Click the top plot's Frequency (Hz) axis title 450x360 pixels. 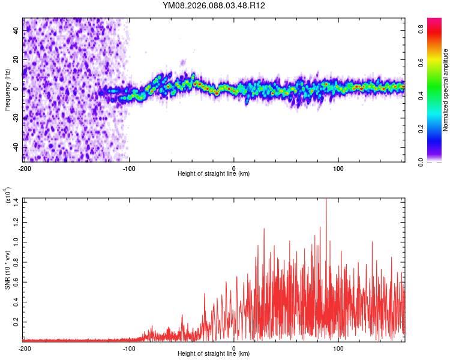point(7,90)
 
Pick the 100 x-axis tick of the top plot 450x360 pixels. point(338,168)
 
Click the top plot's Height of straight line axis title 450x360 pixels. point(214,174)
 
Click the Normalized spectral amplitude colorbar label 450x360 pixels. point(445,90)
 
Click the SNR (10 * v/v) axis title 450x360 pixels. point(7,269)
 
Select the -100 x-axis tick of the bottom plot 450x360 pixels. point(129,348)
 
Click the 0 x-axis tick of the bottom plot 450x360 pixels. point(234,348)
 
